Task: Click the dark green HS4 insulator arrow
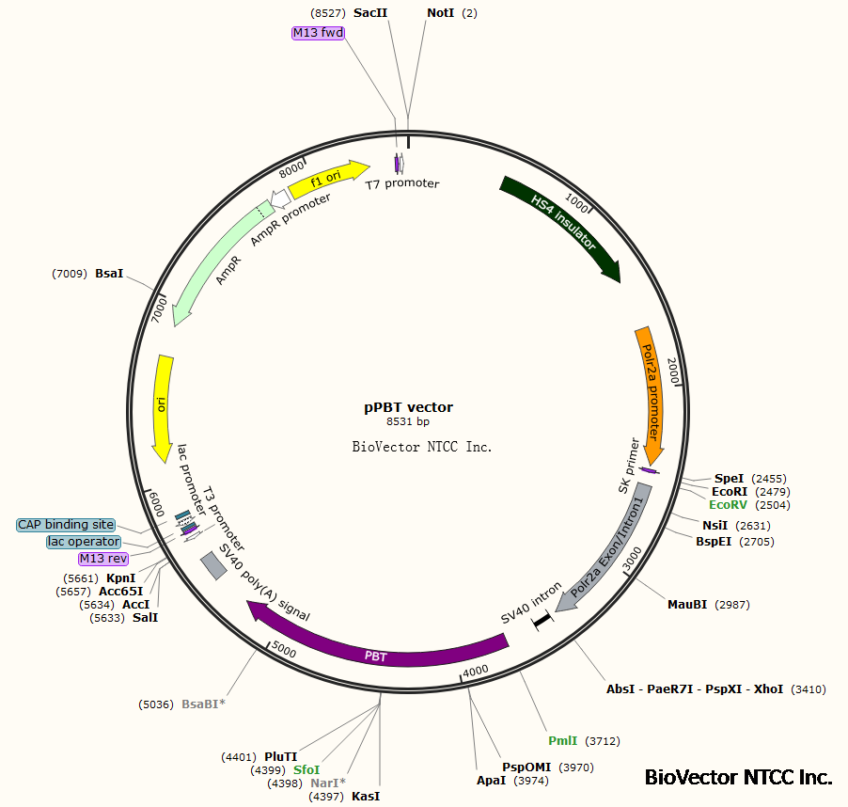(x=562, y=227)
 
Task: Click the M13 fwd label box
(x=318, y=33)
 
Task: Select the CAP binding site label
(x=66, y=525)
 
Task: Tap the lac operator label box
(x=84, y=542)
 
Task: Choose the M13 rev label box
(x=103, y=559)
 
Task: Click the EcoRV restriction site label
(x=736, y=505)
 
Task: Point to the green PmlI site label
(x=563, y=741)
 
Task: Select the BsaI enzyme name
(x=109, y=274)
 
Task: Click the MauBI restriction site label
(x=687, y=604)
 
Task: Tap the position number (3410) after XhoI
(x=809, y=689)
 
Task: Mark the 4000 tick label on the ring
(x=476, y=670)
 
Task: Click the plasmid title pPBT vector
(x=409, y=407)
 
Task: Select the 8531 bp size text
(x=409, y=422)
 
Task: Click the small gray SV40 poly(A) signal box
(x=213, y=565)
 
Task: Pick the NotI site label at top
(x=440, y=13)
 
